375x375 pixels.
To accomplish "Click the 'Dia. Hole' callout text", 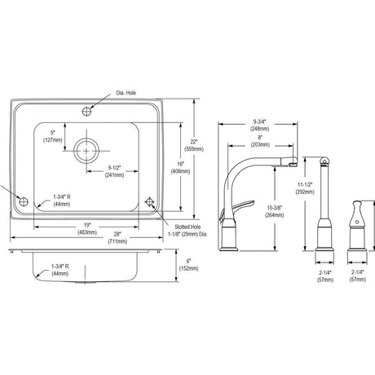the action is (x=126, y=93).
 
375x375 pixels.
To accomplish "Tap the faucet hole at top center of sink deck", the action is (x=86, y=111).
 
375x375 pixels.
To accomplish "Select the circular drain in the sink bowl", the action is (x=86, y=151).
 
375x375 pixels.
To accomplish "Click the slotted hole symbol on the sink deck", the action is (x=149, y=202).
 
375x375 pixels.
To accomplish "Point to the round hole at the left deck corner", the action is (x=24, y=201).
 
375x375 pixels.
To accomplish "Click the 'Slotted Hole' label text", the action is (x=187, y=227).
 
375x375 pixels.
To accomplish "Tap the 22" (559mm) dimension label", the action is (x=194, y=145).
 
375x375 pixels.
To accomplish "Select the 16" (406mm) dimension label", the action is (x=180, y=167).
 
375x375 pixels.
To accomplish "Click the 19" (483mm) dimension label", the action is (x=87, y=229).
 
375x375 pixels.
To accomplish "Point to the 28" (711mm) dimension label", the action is (x=117, y=237).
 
